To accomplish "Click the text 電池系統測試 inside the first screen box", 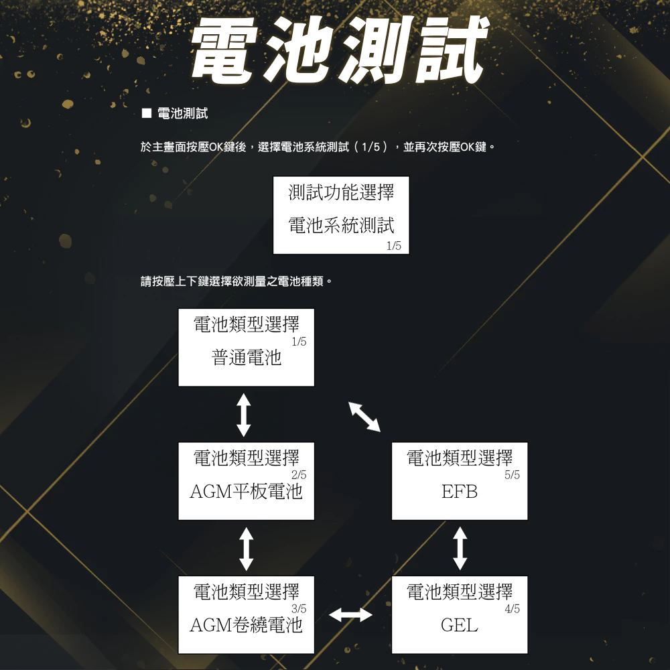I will [341, 225].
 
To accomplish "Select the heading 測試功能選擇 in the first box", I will [341, 193].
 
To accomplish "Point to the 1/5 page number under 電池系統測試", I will [394, 247].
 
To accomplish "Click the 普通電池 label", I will [247, 358].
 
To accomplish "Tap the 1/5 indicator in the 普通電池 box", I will [299, 342].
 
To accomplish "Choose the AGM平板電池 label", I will [246, 492].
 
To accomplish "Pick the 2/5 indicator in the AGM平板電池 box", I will [299, 475].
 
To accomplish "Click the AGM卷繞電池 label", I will [246, 626].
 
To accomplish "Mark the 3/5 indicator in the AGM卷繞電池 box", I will [299, 608].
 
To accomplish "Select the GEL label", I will [460, 626].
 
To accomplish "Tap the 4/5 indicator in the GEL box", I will [513, 608].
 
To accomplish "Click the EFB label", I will [460, 492].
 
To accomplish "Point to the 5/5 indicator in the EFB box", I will [513, 475].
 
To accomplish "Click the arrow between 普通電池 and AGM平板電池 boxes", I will [244, 414].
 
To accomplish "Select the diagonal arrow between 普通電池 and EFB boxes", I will [364, 417].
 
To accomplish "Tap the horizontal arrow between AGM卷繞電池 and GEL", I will [352, 615].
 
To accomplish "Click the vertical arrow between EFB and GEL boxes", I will [460, 547].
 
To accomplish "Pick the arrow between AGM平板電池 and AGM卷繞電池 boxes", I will [246, 547].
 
